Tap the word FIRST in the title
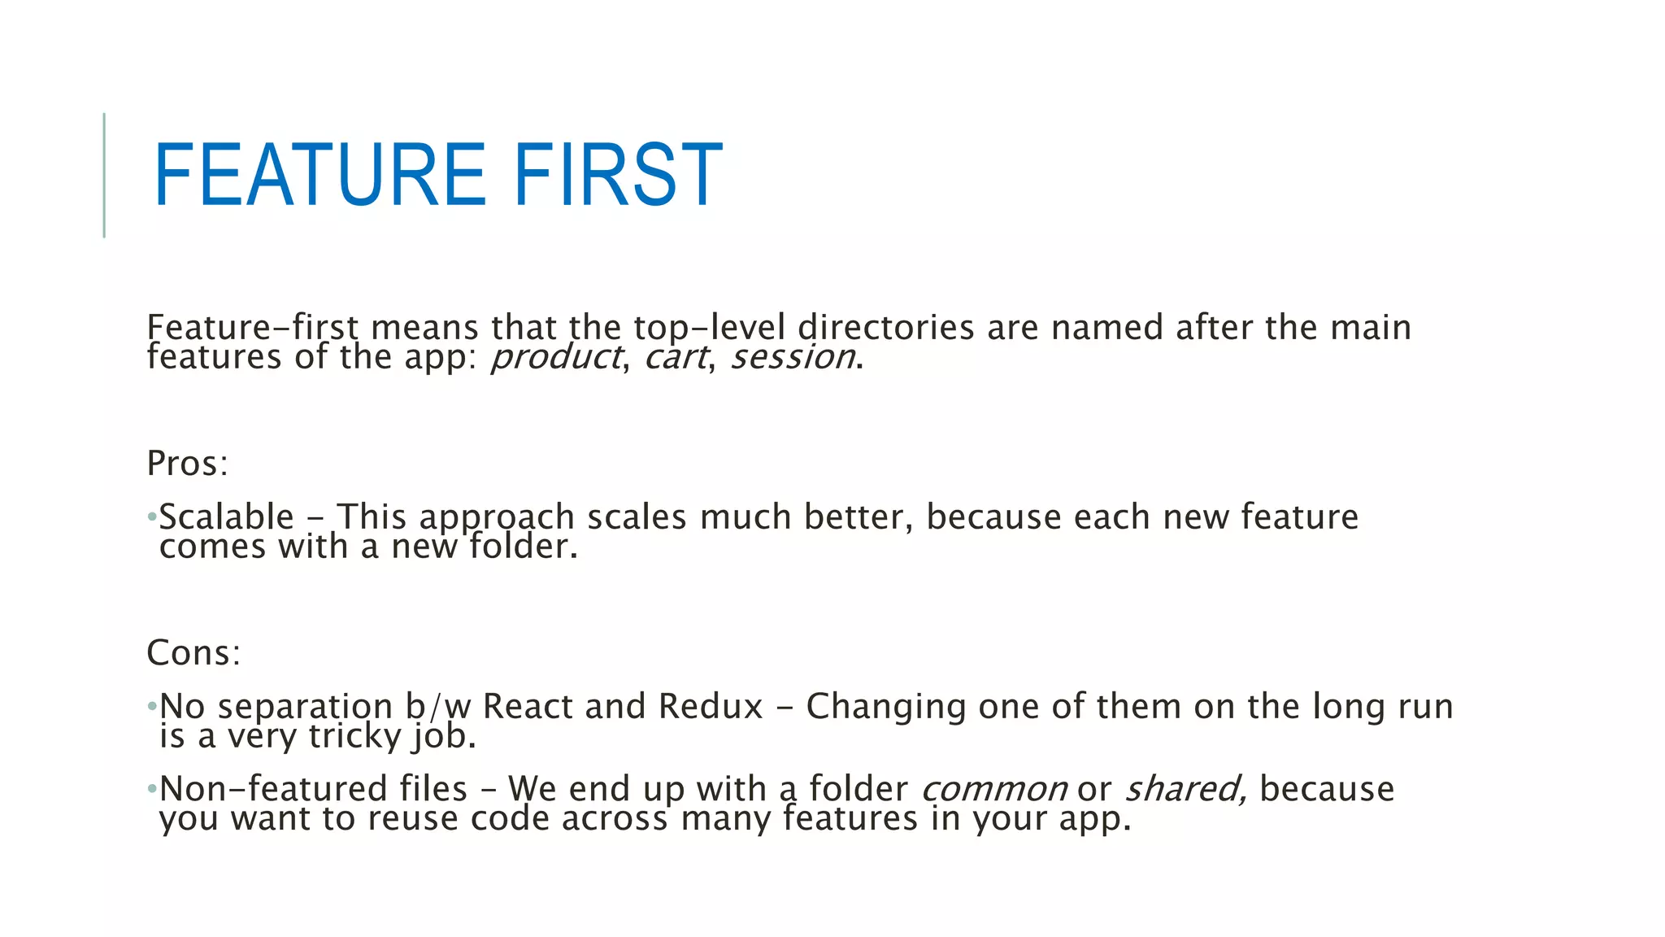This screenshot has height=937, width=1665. [618, 175]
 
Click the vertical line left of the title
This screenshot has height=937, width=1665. [104, 175]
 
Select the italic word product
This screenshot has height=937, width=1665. [556, 357]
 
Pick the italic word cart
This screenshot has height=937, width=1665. [675, 357]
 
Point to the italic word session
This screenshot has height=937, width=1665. [793, 357]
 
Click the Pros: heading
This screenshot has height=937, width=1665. [187, 464]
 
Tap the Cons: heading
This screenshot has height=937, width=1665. [193, 653]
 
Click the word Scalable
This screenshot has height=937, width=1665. [226, 517]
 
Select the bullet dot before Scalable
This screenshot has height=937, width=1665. [151, 517]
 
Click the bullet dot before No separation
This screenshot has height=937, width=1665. [151, 707]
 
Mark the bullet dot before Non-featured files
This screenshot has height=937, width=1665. [151, 789]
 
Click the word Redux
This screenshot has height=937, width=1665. [711, 707]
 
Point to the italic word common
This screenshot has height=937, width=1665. [993, 790]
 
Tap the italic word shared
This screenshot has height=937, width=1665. [1184, 790]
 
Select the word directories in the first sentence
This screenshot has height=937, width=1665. [885, 328]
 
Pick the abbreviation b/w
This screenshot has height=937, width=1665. [438, 707]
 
